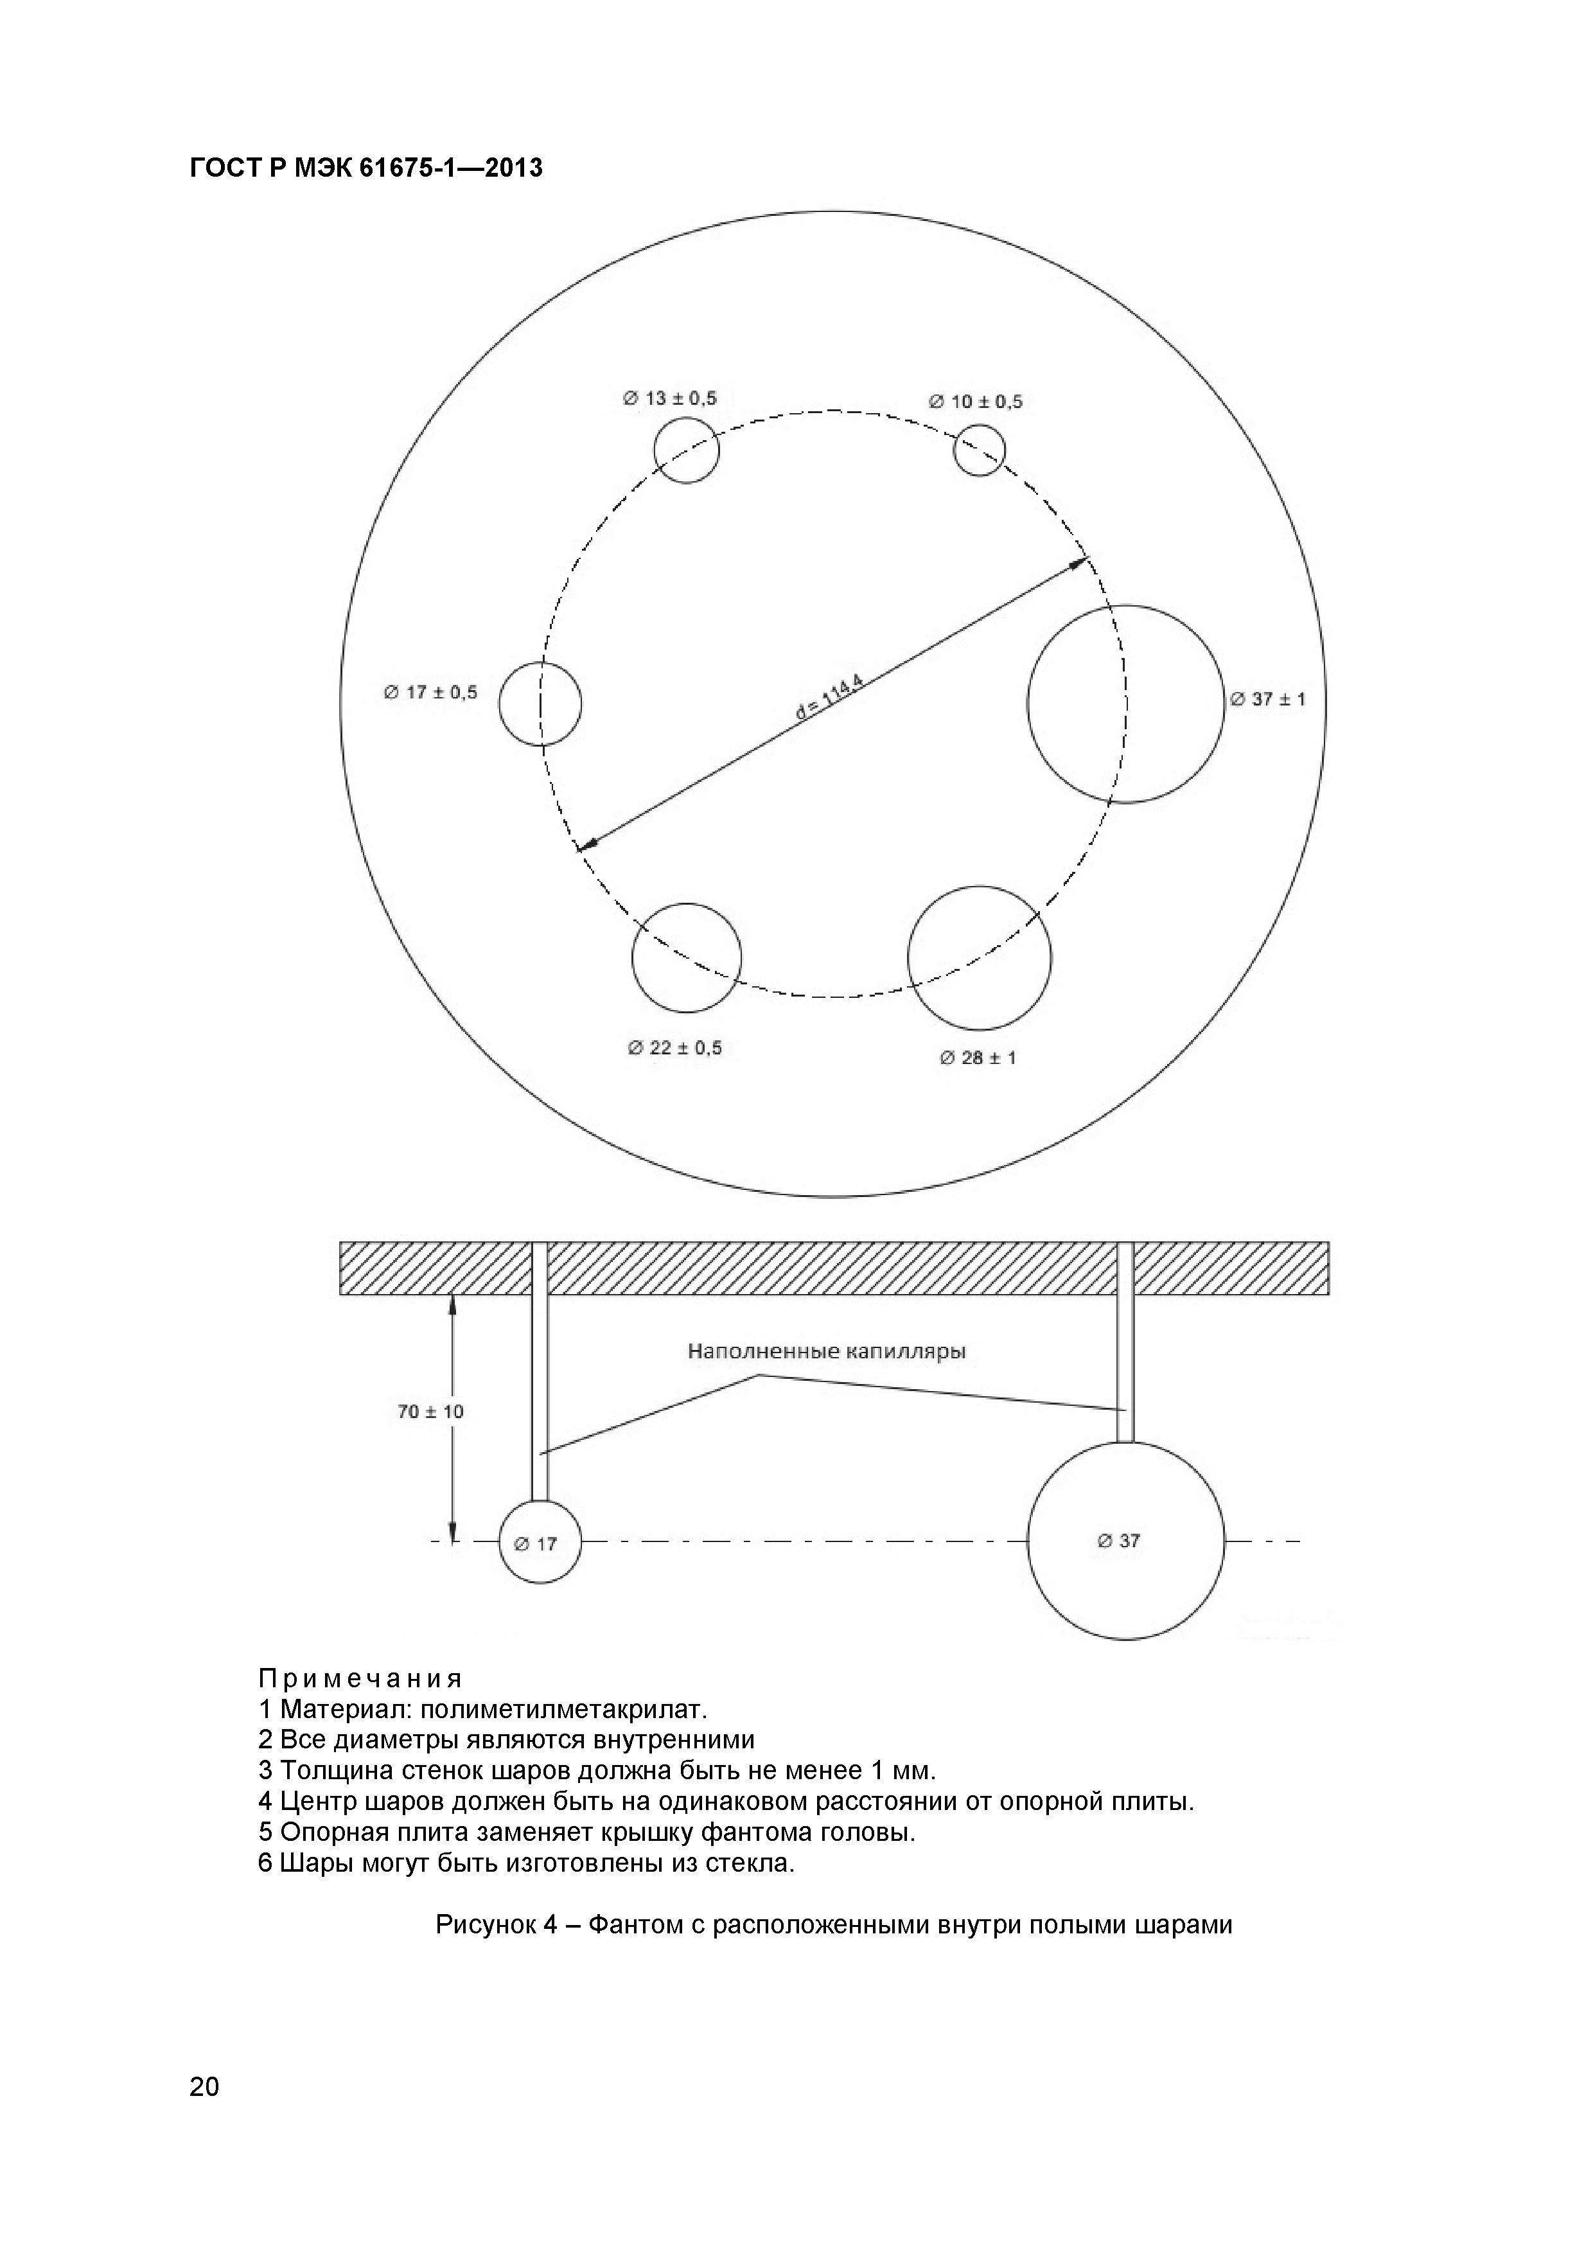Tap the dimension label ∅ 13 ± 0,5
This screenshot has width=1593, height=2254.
coord(669,398)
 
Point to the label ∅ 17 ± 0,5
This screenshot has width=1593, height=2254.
coord(430,692)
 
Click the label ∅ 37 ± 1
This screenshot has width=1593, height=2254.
coord(1267,699)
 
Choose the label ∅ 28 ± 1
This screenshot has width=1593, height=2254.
coord(978,1058)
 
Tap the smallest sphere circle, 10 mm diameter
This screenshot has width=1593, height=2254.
coord(980,450)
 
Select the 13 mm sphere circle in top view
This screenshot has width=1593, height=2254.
coord(686,450)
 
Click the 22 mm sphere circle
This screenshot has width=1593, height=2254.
coord(686,957)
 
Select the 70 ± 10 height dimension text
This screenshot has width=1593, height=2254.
coord(430,1412)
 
